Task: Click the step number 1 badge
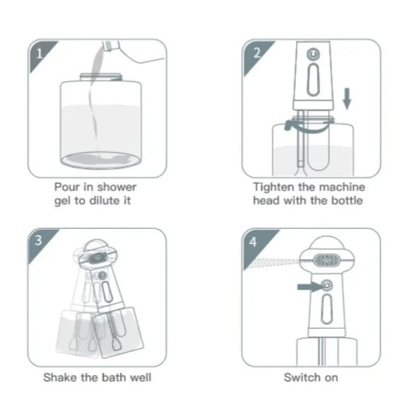coord(38,52)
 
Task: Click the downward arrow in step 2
coord(346,99)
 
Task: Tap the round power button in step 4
coord(325,286)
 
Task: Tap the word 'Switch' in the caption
coord(301,377)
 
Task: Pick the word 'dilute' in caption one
coord(110,201)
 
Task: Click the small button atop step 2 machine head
coord(312,55)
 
